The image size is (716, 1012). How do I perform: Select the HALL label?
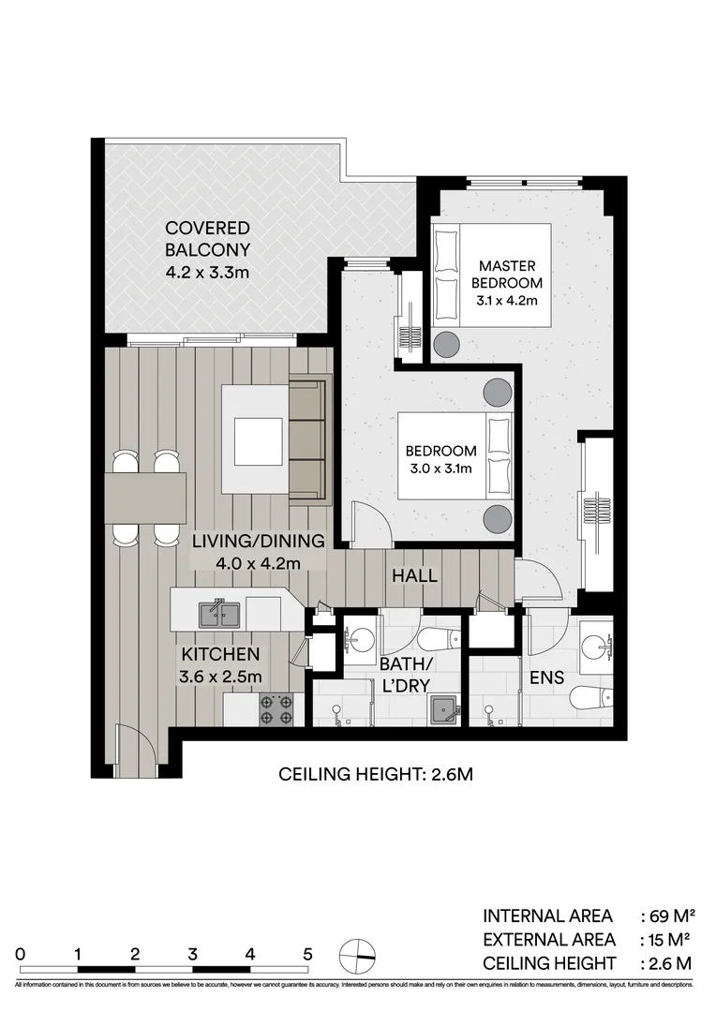click(414, 575)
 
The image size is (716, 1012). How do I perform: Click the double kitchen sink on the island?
click(219, 615)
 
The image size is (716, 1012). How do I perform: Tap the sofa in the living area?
click(307, 439)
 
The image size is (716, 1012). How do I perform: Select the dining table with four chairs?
click(146, 497)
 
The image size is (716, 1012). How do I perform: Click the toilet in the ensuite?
click(592, 698)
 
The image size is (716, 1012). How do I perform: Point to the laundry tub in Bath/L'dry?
click(445, 709)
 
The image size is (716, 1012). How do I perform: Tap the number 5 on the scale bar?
click(307, 954)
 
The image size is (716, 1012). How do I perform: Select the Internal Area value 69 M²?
click(667, 915)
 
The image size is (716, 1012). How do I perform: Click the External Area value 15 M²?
click(667, 939)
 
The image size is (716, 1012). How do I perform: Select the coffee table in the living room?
click(258, 440)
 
